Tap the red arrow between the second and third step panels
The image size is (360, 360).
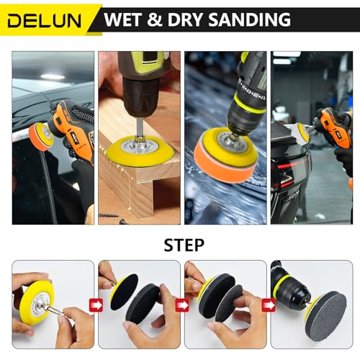click(x=182, y=305)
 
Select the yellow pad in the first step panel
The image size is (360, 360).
click(x=34, y=299)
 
